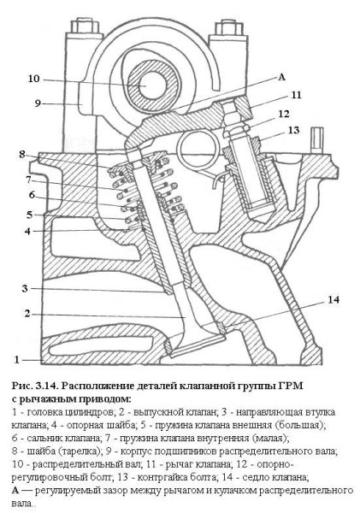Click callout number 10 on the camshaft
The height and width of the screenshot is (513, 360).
click(33, 80)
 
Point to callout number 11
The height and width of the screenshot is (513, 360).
click(296, 96)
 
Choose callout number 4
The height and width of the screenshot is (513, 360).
click(27, 231)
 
